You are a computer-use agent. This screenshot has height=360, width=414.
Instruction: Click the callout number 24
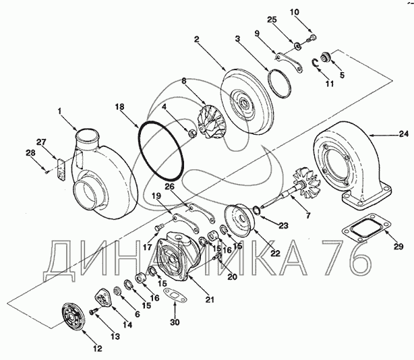tap(403, 135)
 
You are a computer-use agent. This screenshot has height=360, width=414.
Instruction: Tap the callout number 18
tap(119, 107)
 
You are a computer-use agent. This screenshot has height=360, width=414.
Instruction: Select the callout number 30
tap(175, 322)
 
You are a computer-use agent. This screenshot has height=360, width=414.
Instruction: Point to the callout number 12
tap(97, 349)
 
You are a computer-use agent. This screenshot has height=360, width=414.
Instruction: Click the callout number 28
tap(30, 153)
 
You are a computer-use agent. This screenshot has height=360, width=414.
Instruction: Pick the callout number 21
tap(210, 299)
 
